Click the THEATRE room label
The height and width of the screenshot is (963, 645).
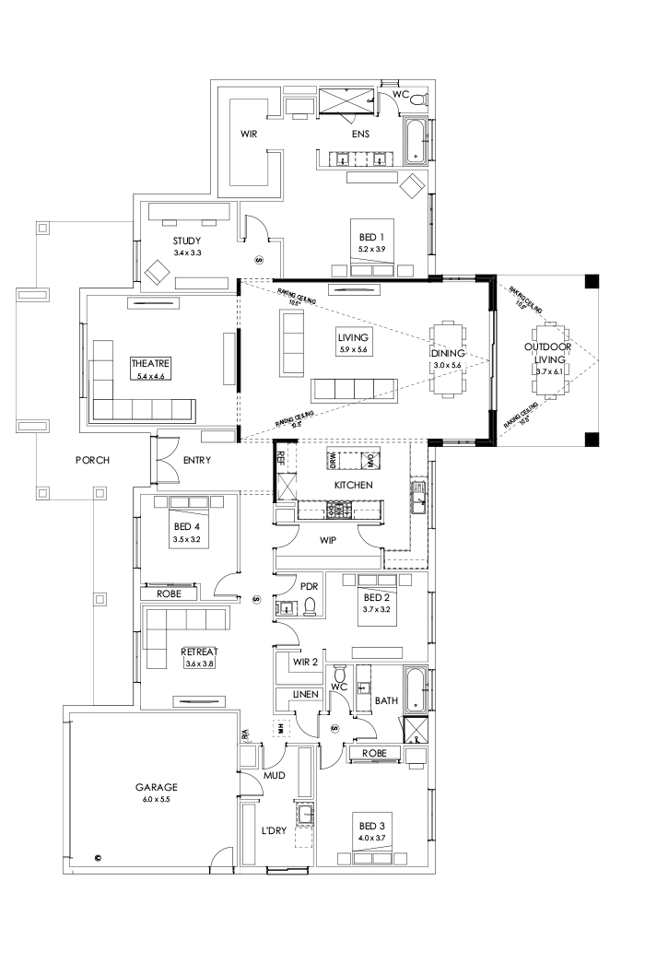(150, 364)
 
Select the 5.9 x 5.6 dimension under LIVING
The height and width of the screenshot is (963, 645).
(352, 350)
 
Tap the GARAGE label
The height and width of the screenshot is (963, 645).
(156, 788)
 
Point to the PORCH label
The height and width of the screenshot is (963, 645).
(93, 460)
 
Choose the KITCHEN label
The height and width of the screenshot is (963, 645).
(352, 485)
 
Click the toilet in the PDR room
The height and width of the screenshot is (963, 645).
(311, 605)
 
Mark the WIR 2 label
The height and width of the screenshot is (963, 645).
(304, 661)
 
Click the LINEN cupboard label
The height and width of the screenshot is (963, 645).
(305, 692)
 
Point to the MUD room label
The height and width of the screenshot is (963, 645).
(275, 776)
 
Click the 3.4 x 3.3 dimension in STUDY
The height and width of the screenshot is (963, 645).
(186, 252)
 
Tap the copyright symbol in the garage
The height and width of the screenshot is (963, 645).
(99, 859)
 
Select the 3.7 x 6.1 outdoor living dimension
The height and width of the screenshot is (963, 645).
(548, 371)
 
